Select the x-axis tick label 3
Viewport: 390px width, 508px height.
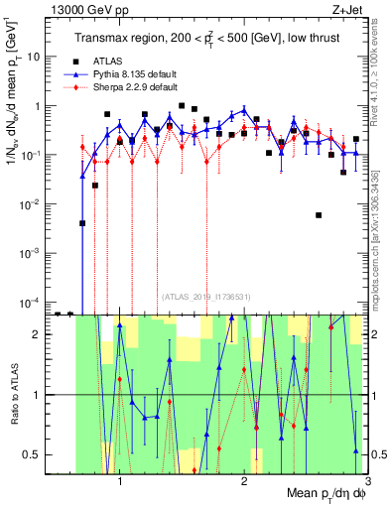click(x=368, y=483)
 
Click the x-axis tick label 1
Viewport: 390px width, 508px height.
click(x=120, y=483)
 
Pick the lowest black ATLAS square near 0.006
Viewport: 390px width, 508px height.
click(x=319, y=214)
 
